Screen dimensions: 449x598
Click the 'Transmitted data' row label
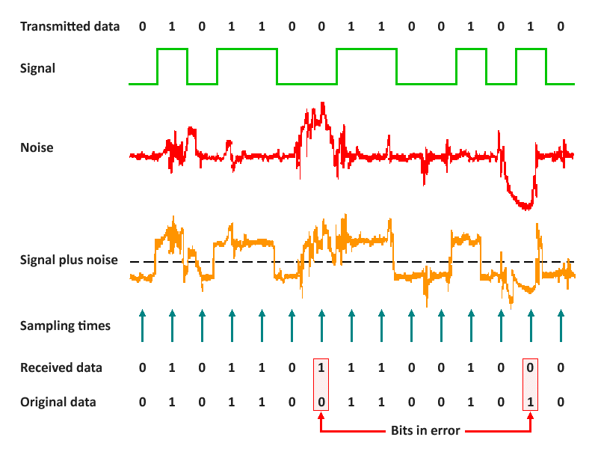point(70,26)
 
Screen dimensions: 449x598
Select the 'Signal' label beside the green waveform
point(38,68)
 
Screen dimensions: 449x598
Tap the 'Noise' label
point(37,147)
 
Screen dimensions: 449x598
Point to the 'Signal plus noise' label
point(70,261)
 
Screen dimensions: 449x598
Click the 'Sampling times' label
point(65,326)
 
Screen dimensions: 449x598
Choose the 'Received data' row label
point(61,367)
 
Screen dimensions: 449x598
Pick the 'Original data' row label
point(58,402)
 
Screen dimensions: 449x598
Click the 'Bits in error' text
point(425,431)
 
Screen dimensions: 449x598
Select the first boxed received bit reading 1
point(321,367)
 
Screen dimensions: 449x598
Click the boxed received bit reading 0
point(531,367)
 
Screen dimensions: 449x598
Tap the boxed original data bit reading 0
point(321,402)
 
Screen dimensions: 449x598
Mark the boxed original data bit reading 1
point(531,402)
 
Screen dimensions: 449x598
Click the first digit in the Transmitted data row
point(142,26)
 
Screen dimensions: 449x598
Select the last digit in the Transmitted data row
point(561,26)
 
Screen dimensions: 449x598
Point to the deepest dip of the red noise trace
point(526,207)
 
